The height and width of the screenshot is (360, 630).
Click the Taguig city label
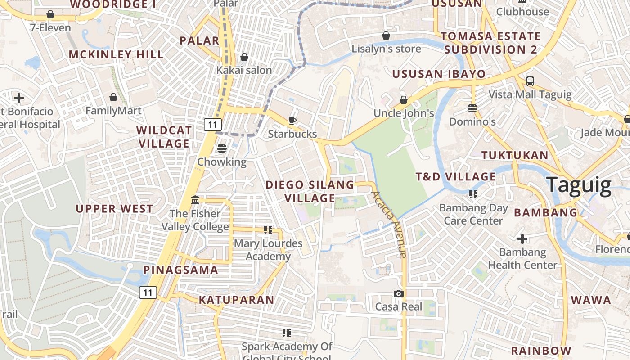(579, 185)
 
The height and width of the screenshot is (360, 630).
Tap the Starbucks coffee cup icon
(292, 120)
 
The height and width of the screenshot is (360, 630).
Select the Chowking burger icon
(221, 148)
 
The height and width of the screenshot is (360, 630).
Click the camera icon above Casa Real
(398, 293)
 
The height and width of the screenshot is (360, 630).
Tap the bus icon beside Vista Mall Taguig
(530, 81)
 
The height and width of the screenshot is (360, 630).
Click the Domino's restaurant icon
(472, 108)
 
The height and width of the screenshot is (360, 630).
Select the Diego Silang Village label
(310, 191)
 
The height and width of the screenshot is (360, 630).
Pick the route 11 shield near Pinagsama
(148, 292)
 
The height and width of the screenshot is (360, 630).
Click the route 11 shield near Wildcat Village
(212, 125)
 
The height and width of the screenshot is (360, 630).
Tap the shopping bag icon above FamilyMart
(113, 97)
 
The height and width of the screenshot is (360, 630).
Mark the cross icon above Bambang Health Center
(522, 238)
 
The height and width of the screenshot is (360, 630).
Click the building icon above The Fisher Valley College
(195, 200)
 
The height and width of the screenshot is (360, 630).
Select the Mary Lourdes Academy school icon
(268, 230)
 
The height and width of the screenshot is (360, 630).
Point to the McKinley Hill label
(116, 54)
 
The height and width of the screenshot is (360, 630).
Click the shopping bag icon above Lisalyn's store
(386, 36)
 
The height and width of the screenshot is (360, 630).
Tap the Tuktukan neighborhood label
(515, 156)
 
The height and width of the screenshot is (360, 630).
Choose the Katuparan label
(236, 300)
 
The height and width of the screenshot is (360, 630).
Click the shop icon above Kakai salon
(244, 57)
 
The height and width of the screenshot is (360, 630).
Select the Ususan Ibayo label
(439, 74)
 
